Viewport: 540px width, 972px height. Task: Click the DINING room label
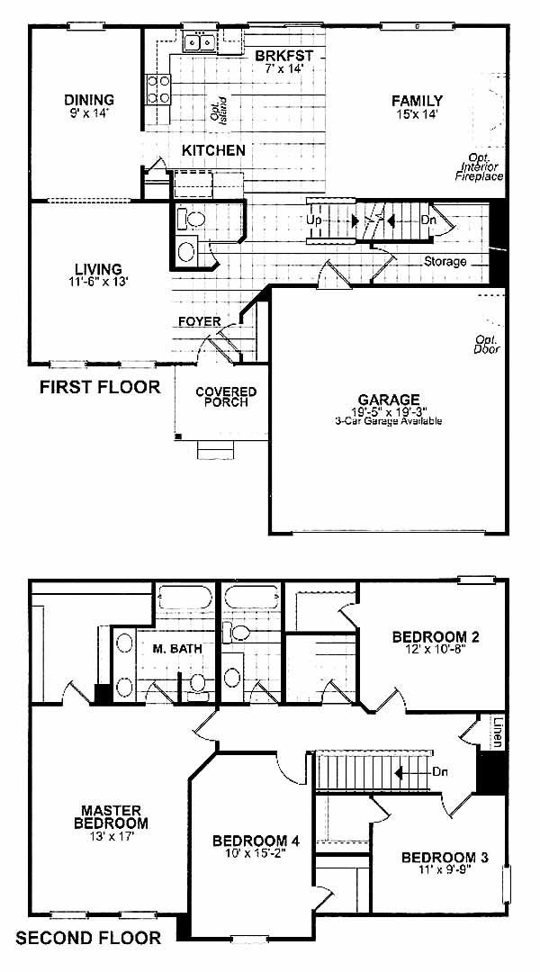(89, 100)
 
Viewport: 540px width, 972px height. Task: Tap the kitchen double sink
(199, 42)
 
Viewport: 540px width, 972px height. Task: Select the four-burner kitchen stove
(157, 88)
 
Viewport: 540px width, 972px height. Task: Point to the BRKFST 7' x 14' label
(283, 61)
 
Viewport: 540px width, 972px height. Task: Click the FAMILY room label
(417, 101)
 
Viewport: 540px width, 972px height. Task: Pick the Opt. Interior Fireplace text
(481, 167)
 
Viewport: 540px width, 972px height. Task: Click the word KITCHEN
(213, 150)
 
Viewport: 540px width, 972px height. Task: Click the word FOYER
(199, 321)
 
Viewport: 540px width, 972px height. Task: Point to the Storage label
(445, 262)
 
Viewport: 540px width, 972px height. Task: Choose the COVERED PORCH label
(226, 397)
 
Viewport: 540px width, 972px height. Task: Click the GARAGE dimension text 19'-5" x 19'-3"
(388, 411)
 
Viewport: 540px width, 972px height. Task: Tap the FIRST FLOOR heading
(100, 387)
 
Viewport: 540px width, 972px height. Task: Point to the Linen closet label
(499, 732)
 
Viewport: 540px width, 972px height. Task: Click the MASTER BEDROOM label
(111, 817)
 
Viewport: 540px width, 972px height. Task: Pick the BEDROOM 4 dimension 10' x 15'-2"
(256, 852)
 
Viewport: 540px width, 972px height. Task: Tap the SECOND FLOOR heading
(88, 937)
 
